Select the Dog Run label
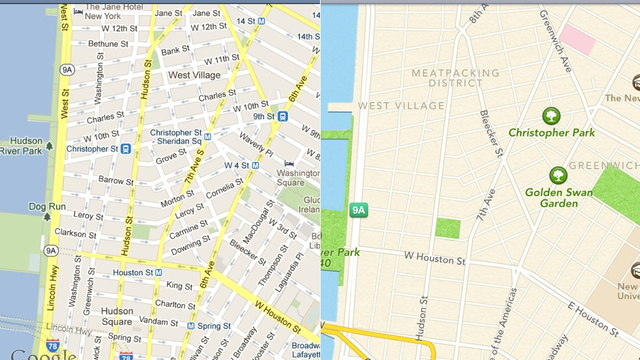[x=46, y=207]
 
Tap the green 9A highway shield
[x=360, y=209]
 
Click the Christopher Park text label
[x=551, y=132]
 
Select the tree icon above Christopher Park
[x=550, y=115]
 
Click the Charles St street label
[x=217, y=96]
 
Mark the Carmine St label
[x=188, y=230]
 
